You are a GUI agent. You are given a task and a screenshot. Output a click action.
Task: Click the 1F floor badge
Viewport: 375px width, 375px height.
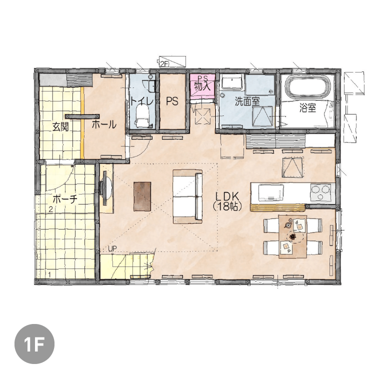tap(34, 344)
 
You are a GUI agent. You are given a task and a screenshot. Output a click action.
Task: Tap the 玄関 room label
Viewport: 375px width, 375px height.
tap(60, 127)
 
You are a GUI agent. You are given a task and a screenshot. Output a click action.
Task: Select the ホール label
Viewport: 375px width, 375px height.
tap(104, 124)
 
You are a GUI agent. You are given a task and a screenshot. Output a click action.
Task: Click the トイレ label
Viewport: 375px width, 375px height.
tap(142, 101)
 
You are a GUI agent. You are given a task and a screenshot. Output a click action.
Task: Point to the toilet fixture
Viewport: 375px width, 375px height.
tap(142, 116)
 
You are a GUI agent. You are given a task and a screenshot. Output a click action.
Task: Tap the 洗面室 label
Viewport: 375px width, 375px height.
tap(247, 101)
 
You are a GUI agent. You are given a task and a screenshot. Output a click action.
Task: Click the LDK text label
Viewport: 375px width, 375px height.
tap(227, 196)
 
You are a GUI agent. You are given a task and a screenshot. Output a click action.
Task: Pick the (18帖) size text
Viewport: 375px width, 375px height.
tap(227, 206)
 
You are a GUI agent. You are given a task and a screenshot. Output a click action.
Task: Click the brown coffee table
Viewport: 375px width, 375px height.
tap(142, 196)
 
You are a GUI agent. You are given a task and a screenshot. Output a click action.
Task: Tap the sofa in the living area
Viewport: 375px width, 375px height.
tap(187, 196)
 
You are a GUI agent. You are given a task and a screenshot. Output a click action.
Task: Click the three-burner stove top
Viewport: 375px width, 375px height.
tap(322, 192)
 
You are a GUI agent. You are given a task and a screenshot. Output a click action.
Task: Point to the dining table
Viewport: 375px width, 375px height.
tap(292, 236)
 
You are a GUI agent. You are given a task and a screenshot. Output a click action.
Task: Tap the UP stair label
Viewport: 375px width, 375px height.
tap(112, 248)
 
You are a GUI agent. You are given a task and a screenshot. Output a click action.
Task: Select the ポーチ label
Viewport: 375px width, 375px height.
tap(65, 198)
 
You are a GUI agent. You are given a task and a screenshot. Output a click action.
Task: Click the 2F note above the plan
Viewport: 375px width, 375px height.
tap(164, 63)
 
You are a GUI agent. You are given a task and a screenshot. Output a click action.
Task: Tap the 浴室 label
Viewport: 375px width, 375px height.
tap(308, 108)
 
